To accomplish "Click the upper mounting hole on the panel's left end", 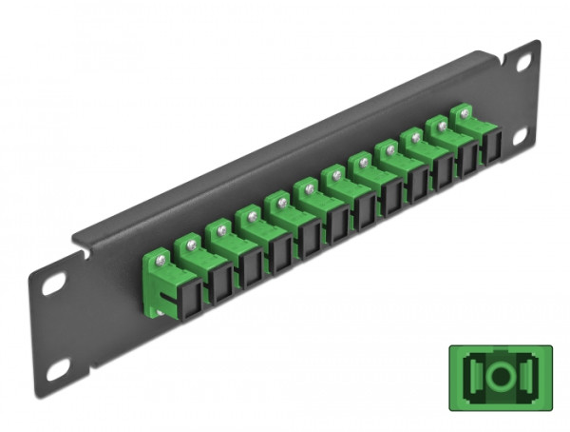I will (x=54, y=284).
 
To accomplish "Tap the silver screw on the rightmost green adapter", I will (x=465, y=113).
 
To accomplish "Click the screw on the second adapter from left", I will (x=189, y=244).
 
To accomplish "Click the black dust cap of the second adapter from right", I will (x=467, y=163).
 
